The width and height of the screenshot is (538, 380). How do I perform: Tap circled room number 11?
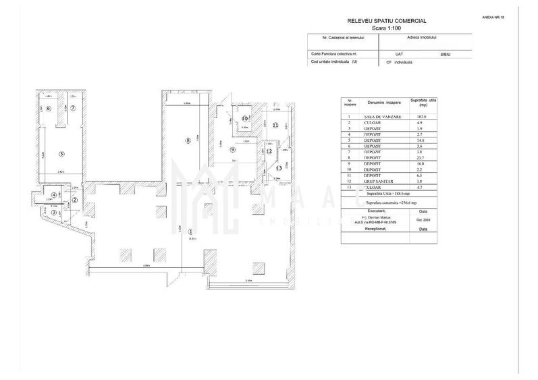(x=275, y=125)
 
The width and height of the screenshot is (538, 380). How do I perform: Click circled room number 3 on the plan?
(x=53, y=212)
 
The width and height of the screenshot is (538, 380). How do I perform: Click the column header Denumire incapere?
(x=383, y=103)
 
